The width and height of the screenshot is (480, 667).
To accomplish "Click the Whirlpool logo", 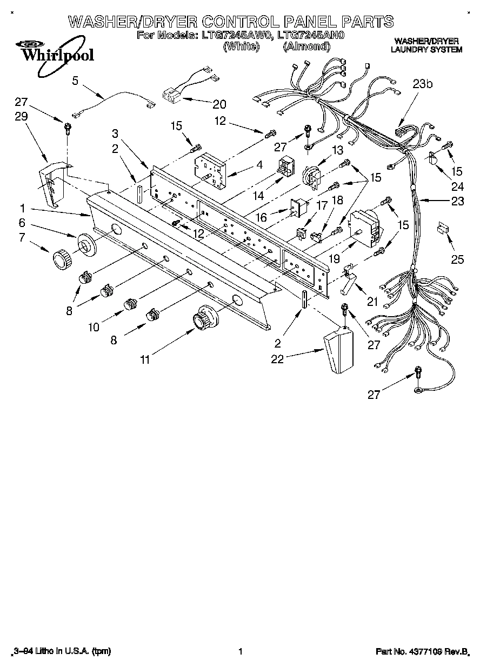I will (52, 52).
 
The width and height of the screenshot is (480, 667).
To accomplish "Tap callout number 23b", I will (423, 84).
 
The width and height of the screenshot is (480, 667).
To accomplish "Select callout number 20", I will (219, 104).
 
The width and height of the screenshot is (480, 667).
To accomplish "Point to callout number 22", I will (277, 359).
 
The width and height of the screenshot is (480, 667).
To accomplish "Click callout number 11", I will (144, 359).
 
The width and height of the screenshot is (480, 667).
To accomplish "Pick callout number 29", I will (21, 117).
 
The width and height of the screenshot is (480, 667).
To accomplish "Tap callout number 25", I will (457, 260).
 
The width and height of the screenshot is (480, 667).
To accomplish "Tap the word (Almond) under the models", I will (306, 46).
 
